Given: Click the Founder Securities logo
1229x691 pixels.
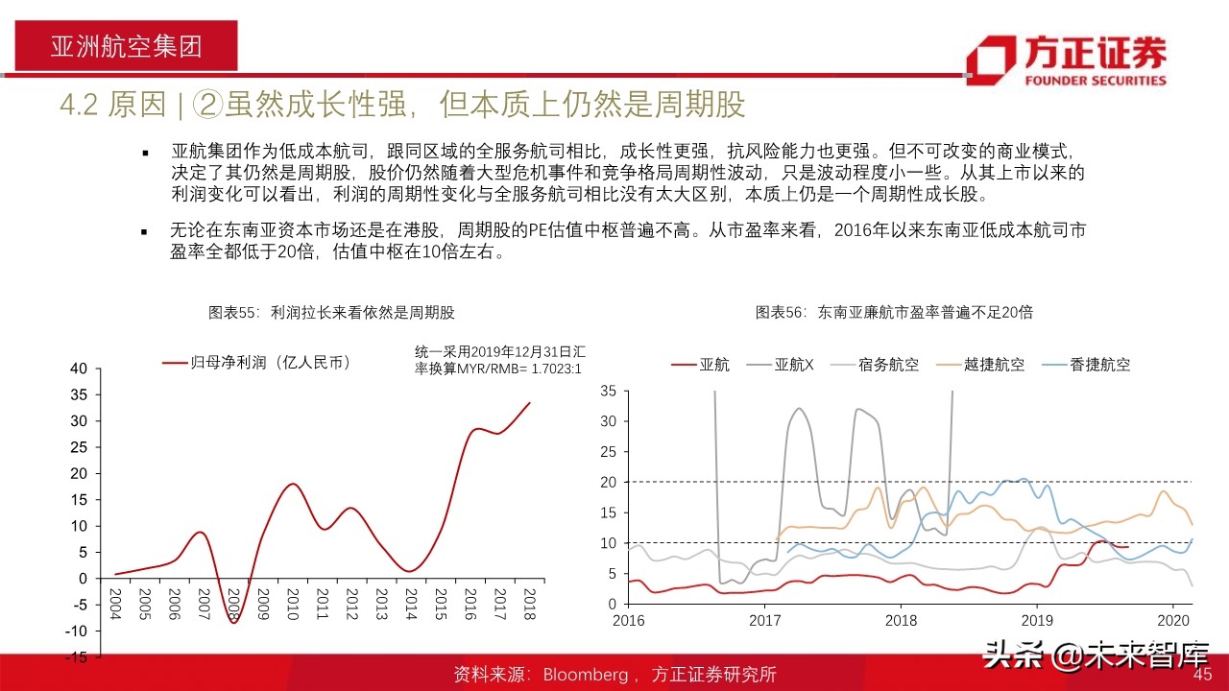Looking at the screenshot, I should click(x=1066, y=60).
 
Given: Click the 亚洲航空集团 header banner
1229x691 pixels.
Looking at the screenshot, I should click(x=126, y=46).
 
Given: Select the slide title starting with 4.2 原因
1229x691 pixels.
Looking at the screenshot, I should click(x=402, y=104).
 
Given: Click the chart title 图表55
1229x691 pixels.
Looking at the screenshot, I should click(x=331, y=313).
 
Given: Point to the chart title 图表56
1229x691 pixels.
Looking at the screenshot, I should click(x=893, y=313).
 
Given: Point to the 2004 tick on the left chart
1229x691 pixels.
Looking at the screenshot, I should click(x=114, y=604).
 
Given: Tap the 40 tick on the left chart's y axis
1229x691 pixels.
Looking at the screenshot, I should click(x=79, y=369).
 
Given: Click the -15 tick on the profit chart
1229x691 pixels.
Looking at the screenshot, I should click(x=77, y=656).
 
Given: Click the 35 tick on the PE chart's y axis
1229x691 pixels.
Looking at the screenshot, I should click(x=607, y=391).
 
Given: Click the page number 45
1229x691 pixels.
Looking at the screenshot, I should click(x=1202, y=675).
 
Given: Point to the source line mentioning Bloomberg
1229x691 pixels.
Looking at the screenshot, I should click(x=614, y=674).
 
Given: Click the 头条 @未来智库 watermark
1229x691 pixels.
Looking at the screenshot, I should click(x=1095, y=656).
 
